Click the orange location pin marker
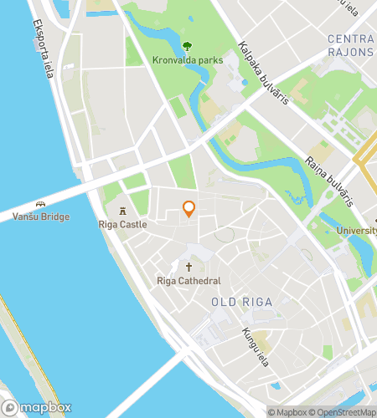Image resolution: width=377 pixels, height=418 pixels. click(x=189, y=209)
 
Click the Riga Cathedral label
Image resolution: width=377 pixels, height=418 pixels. click(x=188, y=281)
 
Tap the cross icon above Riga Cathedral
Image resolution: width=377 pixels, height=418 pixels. click(x=188, y=267)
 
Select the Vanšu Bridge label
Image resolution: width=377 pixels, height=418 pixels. click(x=41, y=217)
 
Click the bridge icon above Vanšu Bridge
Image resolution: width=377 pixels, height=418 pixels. click(x=40, y=203)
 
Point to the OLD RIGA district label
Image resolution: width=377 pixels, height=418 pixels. click(x=241, y=302)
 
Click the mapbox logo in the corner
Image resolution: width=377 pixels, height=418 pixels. click(x=36, y=407)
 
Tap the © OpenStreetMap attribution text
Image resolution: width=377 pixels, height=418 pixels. click(x=343, y=411)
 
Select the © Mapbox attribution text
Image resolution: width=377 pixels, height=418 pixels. click(x=287, y=411)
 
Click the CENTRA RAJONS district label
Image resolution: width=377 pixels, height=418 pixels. click(x=351, y=46)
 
